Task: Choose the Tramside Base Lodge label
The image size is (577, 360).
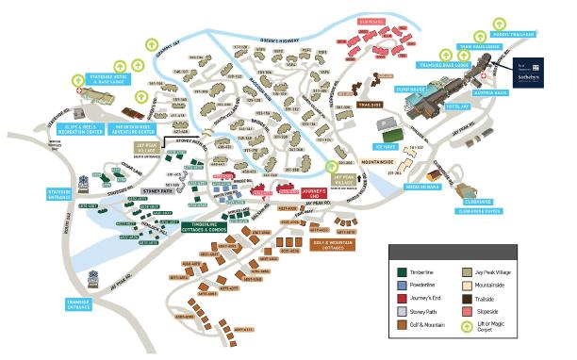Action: (x=444, y=65)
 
